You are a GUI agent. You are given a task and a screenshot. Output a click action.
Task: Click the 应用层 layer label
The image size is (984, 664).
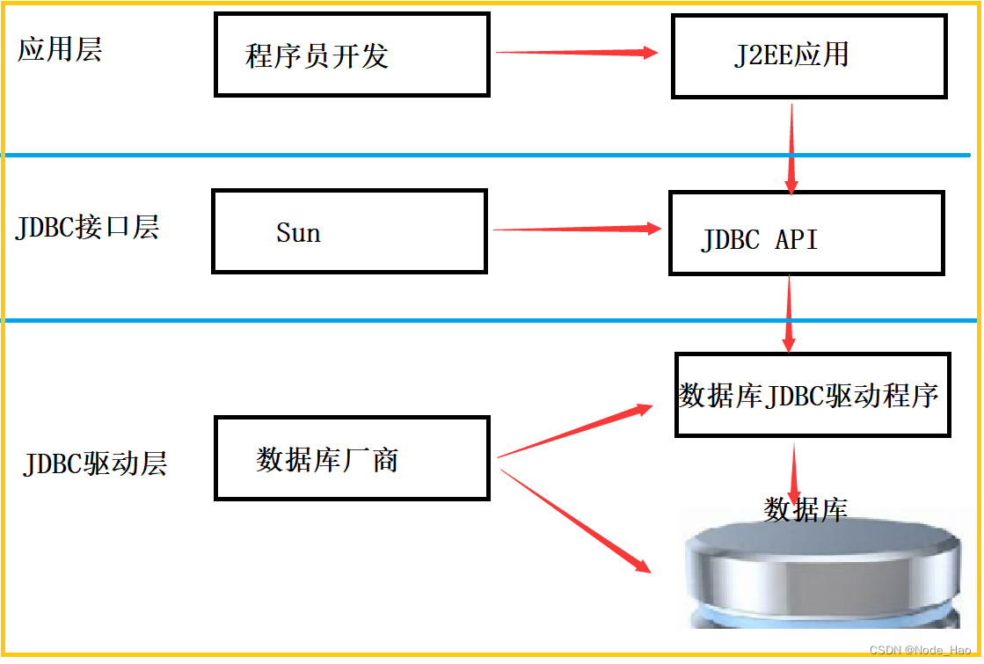[x=60, y=50]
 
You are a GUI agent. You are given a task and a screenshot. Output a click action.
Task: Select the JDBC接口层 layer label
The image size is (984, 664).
[x=87, y=228]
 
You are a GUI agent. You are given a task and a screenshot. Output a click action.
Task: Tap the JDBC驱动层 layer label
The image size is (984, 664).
[x=95, y=463]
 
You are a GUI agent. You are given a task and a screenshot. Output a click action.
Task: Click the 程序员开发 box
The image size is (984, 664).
[x=352, y=55]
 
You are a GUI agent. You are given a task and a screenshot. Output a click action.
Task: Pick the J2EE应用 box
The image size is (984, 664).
[x=808, y=55]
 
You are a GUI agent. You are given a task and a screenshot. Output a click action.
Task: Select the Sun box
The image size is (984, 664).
[x=349, y=231]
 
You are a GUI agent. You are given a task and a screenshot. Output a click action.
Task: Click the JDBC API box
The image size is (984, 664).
[x=805, y=233]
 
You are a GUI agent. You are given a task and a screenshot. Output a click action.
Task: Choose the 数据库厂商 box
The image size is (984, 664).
[x=352, y=458]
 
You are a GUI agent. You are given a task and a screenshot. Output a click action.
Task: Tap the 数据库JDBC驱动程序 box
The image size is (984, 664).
[x=812, y=395]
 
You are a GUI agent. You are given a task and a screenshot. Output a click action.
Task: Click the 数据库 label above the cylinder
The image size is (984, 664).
[x=805, y=509]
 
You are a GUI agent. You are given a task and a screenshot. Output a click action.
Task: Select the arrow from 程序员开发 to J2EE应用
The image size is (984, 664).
[x=577, y=53]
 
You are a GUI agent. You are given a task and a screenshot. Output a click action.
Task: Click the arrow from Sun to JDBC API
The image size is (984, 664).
[x=576, y=230]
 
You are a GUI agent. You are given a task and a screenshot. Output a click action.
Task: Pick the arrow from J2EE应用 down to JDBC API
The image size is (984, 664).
[x=792, y=148]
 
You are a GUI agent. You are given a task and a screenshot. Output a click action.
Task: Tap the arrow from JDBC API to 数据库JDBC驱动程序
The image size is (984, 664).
[x=789, y=313]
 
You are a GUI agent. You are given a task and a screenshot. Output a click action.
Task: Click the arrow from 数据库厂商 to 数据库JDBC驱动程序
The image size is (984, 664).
[x=575, y=432]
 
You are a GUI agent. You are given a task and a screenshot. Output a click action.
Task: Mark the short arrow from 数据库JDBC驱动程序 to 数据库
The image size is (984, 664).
[x=795, y=471]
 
